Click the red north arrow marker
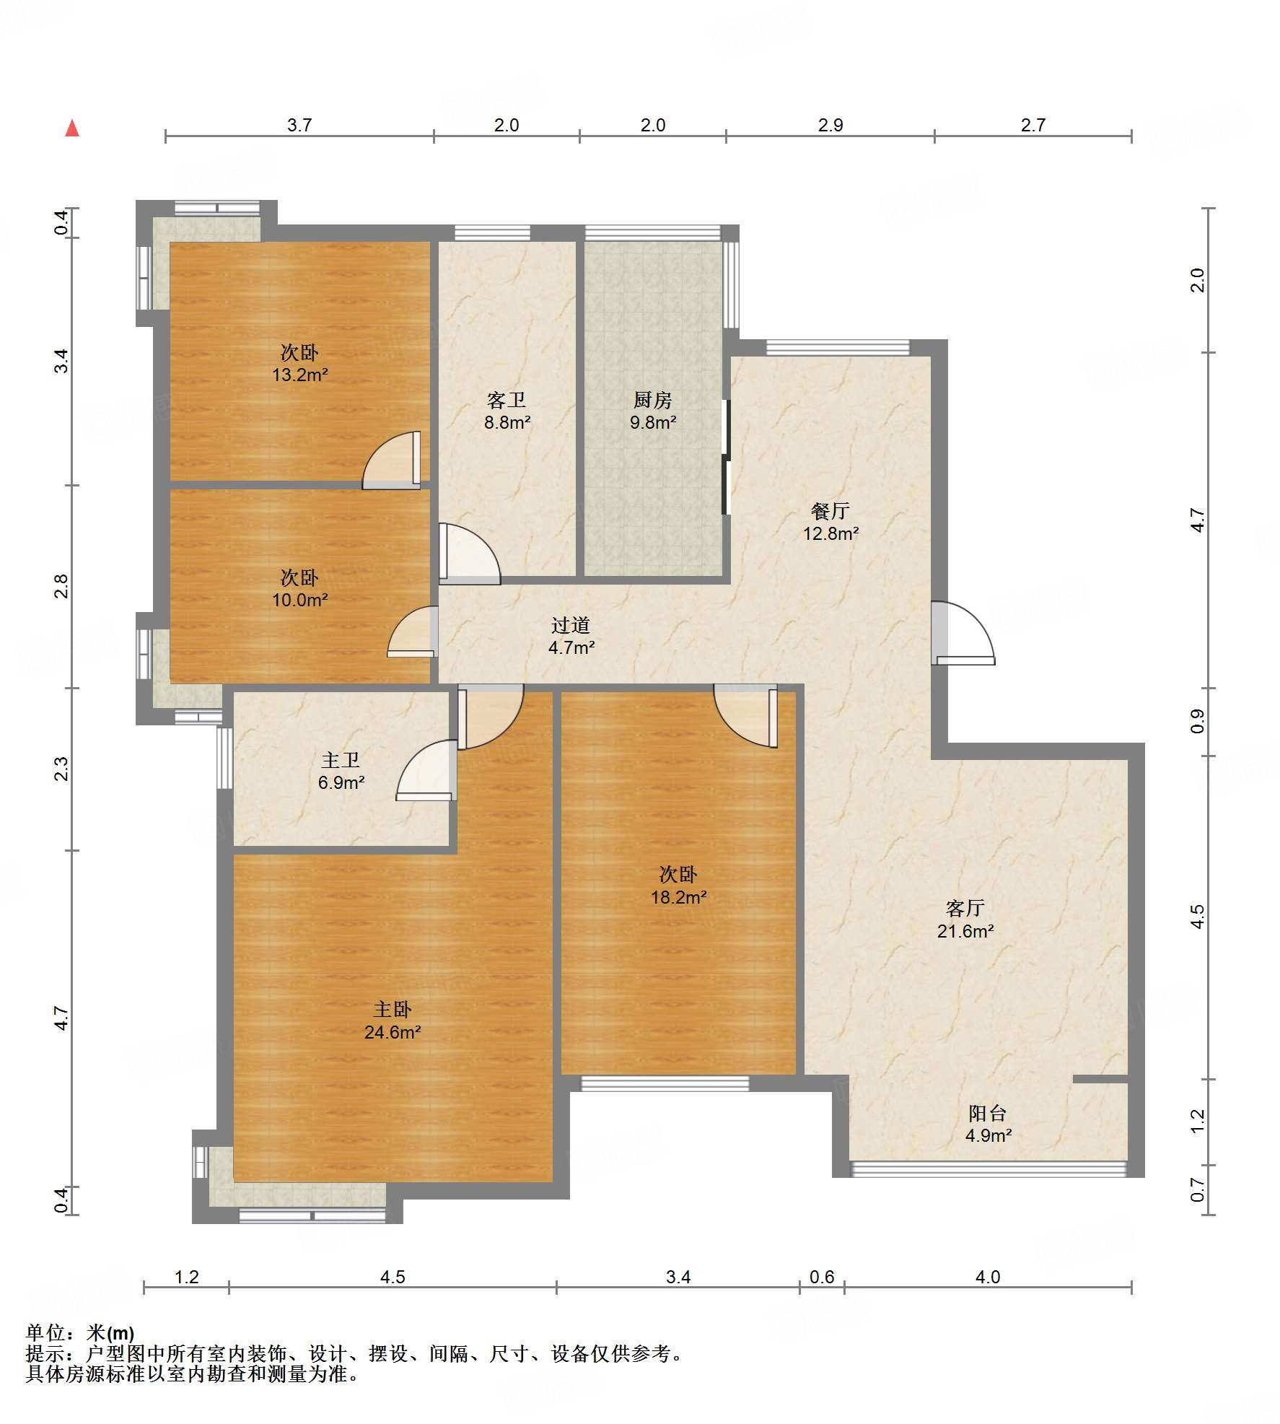click(x=72, y=128)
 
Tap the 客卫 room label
click(x=507, y=399)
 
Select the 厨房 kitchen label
click(x=652, y=399)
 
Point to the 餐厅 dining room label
click(x=830, y=511)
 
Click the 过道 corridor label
click(x=571, y=625)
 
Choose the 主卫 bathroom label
click(x=341, y=760)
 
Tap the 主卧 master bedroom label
click(x=393, y=1010)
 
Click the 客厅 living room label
click(x=965, y=908)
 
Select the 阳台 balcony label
click(x=988, y=1113)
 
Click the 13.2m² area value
click(x=300, y=375)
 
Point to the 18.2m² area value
click(x=679, y=897)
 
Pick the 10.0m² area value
click(x=300, y=600)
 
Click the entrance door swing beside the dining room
click(x=963, y=633)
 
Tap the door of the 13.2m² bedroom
click(x=391, y=460)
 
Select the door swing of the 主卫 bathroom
click(x=426, y=770)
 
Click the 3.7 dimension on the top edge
click(x=299, y=125)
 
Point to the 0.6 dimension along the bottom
click(x=822, y=1277)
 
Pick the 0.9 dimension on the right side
click(x=1198, y=722)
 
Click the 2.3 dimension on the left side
click(x=62, y=769)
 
